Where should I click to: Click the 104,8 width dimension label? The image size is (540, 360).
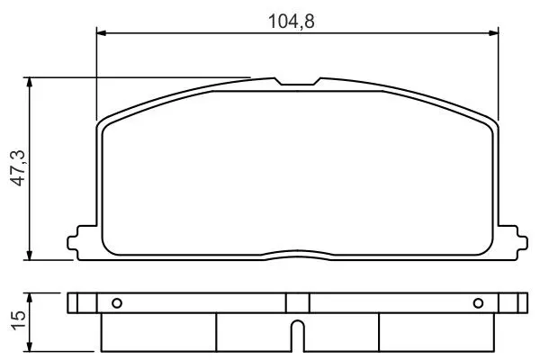click(x=291, y=22)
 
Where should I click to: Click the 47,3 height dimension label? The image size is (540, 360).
click(x=19, y=168)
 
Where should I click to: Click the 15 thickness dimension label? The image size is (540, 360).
click(x=19, y=320)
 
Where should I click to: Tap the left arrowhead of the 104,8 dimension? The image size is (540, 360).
click(x=102, y=33)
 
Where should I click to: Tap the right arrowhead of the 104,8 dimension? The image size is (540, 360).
click(x=493, y=33)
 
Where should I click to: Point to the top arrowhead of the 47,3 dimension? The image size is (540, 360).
click(x=30, y=82)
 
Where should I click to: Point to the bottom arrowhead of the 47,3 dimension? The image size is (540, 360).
click(x=30, y=255)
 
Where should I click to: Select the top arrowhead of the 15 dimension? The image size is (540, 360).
click(x=30, y=298)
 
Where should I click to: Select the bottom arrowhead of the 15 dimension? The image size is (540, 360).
click(x=30, y=346)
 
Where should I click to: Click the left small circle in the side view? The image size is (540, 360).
click(x=117, y=303)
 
